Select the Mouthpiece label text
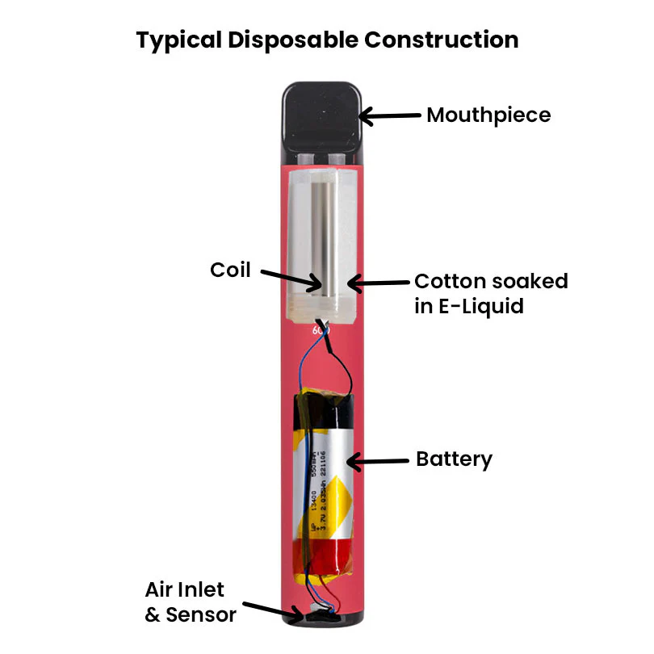click(x=488, y=115)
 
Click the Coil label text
click(x=231, y=270)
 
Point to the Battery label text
click(x=454, y=459)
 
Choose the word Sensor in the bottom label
click(x=201, y=614)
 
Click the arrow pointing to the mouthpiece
click(x=391, y=117)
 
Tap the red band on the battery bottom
click(x=323, y=557)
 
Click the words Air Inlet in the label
click(x=185, y=589)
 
